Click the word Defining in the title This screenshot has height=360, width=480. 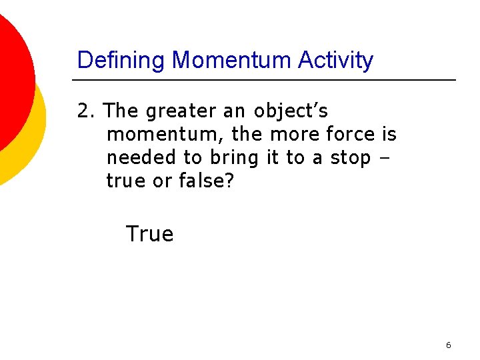click(122, 61)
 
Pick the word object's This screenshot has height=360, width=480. click(291, 111)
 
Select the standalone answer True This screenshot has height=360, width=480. click(149, 234)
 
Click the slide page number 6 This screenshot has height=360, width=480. click(448, 345)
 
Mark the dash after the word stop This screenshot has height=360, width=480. click(387, 159)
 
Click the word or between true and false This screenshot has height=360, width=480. click(162, 181)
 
